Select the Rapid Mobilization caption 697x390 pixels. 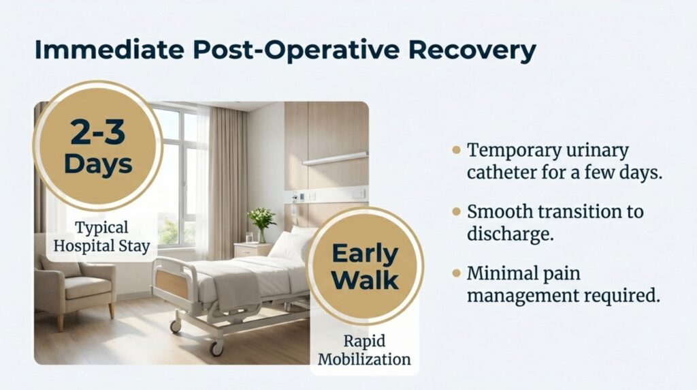365,350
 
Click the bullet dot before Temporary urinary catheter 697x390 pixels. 457,149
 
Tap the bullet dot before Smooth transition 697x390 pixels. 457,211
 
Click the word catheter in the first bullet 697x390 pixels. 500,172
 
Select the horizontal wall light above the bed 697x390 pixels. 335,159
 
